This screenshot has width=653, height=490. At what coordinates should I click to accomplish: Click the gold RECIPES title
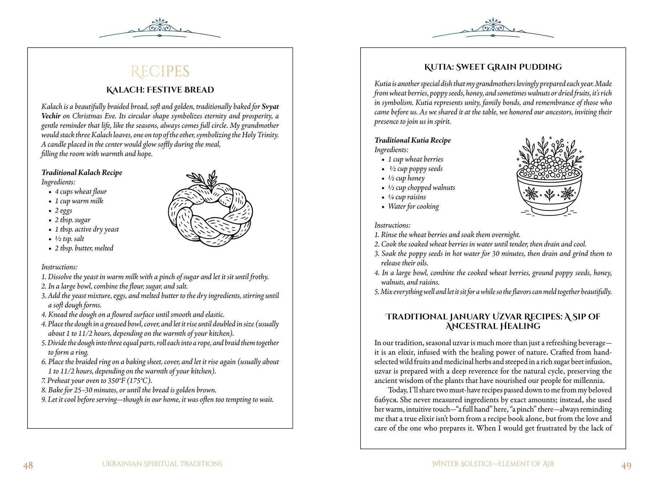click(x=160, y=72)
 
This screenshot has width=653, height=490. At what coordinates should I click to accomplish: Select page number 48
click(x=28, y=465)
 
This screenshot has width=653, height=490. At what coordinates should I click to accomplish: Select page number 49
click(x=626, y=466)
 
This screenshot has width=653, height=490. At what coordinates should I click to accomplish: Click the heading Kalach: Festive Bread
click(x=160, y=90)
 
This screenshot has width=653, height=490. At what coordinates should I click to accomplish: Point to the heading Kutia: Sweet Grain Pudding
click(x=493, y=67)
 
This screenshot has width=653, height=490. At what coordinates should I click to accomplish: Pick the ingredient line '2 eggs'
click(x=63, y=211)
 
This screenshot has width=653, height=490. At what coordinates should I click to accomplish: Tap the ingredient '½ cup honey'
click(x=406, y=178)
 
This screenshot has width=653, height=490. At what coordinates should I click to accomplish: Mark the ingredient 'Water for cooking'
click(x=413, y=207)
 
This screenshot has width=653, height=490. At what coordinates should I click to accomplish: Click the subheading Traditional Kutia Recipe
click(x=412, y=140)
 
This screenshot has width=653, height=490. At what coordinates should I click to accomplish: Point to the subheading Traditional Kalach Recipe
click(x=82, y=173)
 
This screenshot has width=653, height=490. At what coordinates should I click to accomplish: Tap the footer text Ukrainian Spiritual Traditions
click(x=162, y=464)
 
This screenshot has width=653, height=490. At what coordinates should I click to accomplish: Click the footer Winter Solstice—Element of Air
click(x=493, y=464)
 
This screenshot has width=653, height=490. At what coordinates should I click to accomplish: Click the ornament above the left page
click(x=160, y=28)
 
